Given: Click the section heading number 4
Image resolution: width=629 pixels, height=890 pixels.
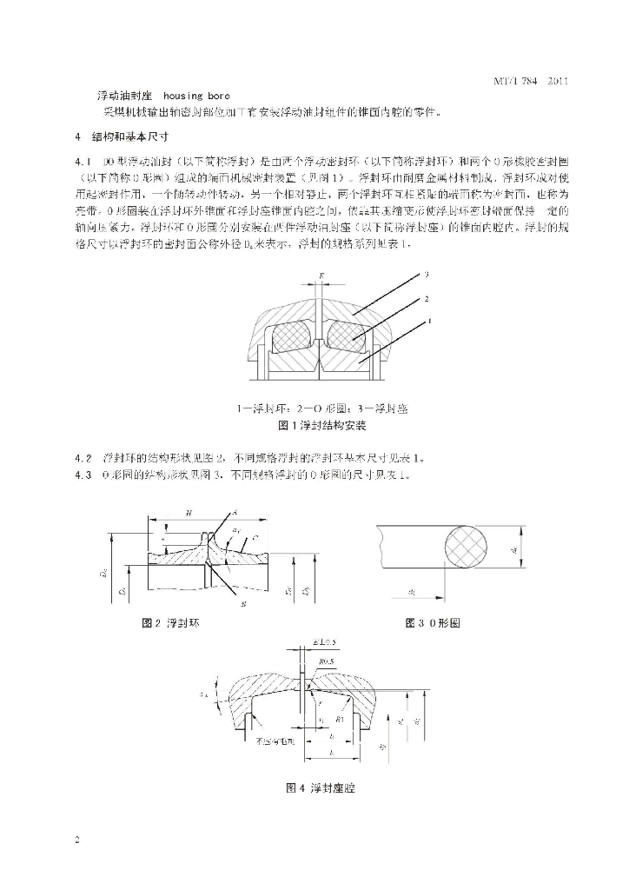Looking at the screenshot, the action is [x=77, y=137].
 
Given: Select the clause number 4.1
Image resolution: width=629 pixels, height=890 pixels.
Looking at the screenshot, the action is [x=84, y=163].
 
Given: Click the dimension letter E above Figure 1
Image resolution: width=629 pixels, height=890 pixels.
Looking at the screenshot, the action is [x=321, y=275].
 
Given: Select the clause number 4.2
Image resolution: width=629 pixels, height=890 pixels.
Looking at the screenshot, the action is [x=84, y=458].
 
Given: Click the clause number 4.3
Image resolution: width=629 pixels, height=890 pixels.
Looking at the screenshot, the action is [x=84, y=475].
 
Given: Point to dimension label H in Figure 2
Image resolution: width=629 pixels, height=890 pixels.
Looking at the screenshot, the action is [x=189, y=514].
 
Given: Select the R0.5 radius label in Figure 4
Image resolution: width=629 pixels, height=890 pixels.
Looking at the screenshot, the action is [x=327, y=661].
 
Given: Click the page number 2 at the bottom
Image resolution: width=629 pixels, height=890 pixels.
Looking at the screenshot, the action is [x=77, y=840].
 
